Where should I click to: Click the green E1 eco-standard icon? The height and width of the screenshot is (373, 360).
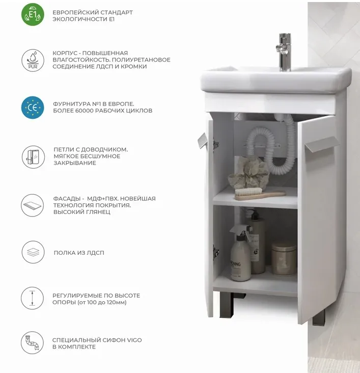click(x=33, y=14)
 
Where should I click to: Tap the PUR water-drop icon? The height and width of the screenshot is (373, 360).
click(x=33, y=60)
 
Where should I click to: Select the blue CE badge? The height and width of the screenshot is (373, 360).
click(x=33, y=108)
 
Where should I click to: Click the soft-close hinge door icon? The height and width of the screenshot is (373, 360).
click(x=33, y=157)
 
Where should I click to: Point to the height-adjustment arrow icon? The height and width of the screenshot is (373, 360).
click(x=33, y=298)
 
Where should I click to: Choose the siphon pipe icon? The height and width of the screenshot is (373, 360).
click(x=33, y=343)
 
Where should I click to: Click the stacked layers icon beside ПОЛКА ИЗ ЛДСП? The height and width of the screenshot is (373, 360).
click(x=33, y=252)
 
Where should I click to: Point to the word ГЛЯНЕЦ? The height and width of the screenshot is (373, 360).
click(x=97, y=212)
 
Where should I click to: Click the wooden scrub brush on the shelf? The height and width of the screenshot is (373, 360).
click(x=260, y=194)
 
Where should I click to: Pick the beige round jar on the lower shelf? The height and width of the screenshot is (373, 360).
click(x=284, y=258)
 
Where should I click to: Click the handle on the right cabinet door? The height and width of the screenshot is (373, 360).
click(x=322, y=143)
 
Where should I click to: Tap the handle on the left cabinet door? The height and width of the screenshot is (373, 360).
click(x=202, y=140)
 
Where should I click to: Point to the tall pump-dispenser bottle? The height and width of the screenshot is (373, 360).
click(x=255, y=242)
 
